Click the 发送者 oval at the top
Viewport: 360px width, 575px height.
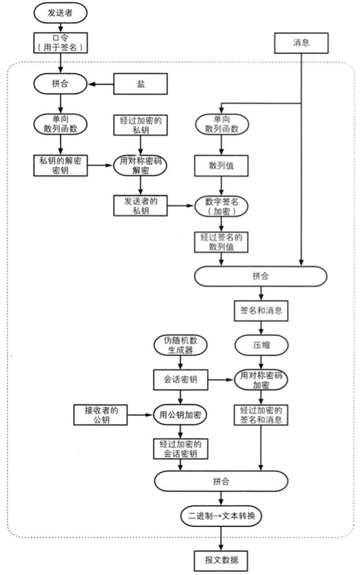pos(60,13)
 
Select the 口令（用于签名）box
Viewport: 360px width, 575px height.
pos(60,43)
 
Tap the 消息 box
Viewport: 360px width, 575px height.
pos(301,43)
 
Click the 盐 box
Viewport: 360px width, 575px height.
pos(141,83)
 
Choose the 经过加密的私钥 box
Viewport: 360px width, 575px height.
pos(141,125)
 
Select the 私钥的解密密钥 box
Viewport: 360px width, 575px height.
pos(60,165)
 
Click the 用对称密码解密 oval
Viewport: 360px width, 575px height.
pos(141,165)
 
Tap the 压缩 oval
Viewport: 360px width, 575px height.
pos(261,345)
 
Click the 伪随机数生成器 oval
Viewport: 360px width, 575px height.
pos(181,345)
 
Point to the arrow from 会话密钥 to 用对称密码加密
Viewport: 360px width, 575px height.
pos(221,380)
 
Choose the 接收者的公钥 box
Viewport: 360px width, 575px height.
pos(102,414)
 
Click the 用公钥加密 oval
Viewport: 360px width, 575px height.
pos(180,414)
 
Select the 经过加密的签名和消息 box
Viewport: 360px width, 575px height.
pos(261,414)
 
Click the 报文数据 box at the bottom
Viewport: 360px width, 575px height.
pos(221,559)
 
